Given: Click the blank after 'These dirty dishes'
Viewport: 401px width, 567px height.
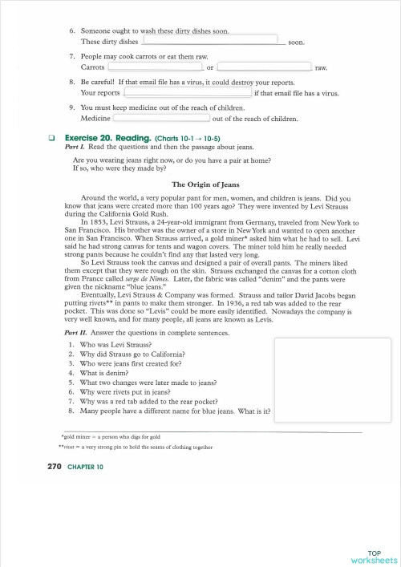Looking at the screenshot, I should (x=214, y=39).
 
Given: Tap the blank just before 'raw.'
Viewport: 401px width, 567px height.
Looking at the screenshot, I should (x=263, y=67).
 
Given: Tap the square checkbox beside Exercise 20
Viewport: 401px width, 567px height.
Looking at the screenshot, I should (x=52, y=138).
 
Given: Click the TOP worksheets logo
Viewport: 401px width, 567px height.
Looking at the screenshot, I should (x=379, y=556).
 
